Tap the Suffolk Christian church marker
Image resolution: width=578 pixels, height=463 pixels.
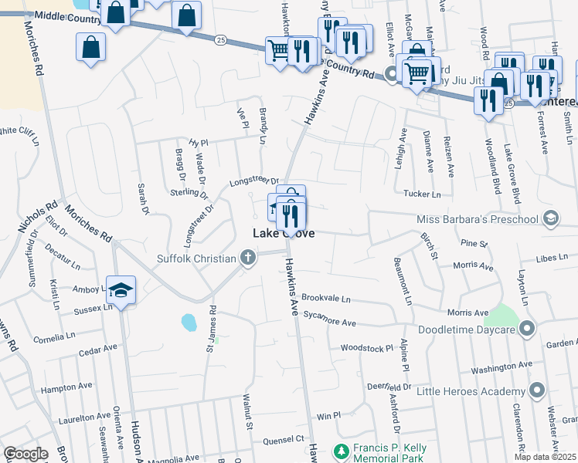click(247, 258)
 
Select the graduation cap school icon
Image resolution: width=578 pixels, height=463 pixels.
click(121, 290)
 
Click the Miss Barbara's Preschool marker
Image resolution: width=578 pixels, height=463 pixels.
click(549, 218)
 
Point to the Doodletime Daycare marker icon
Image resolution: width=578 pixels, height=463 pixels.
click(527, 330)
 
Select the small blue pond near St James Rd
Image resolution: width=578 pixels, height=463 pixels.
click(189, 321)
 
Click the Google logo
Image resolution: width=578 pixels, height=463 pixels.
click(25, 454)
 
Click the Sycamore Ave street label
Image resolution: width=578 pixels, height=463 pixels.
click(328, 322)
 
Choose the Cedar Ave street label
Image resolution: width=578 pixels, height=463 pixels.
click(98, 351)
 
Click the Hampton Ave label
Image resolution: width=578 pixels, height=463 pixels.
click(66, 387)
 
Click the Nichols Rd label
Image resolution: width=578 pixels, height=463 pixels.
click(37, 218)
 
